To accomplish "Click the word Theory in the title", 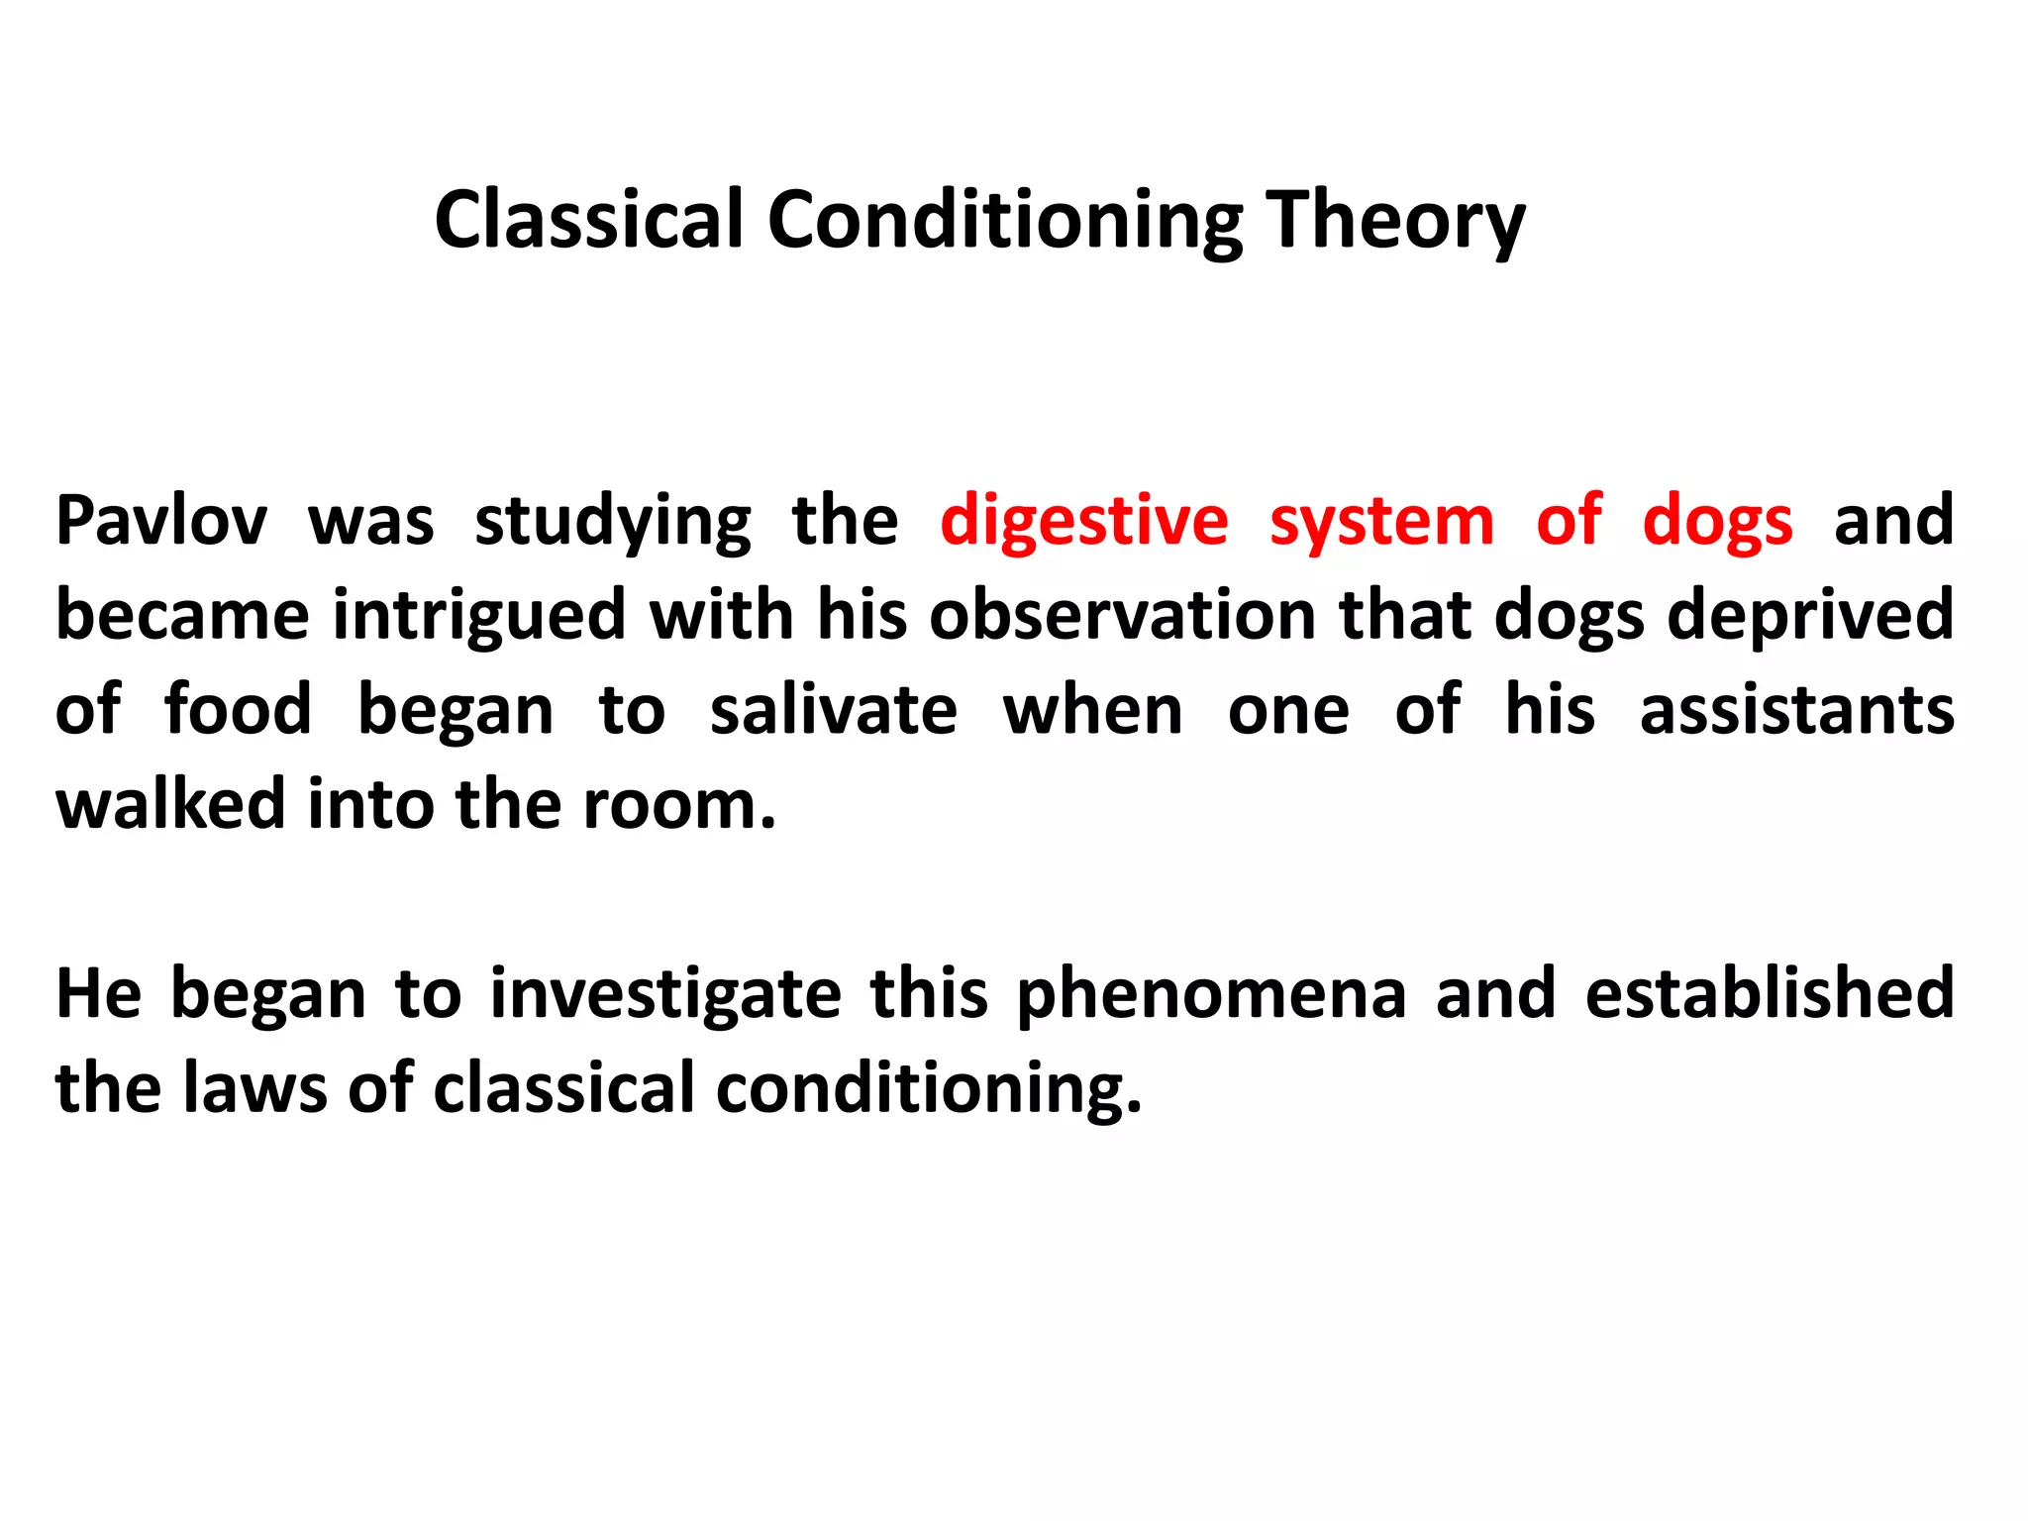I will click(1396, 220).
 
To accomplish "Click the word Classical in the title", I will click(588, 220).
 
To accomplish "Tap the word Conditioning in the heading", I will click(1004, 220).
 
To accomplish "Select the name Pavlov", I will click(161, 521).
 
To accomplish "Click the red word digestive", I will click(1083, 521).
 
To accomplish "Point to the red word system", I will click(1381, 521).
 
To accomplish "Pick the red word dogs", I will click(1717, 521).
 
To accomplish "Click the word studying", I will click(612, 521).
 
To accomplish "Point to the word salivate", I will click(834, 711).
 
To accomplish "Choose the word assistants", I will click(1796, 711).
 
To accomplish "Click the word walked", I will click(170, 804).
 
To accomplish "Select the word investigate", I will click(665, 994).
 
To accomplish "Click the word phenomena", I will click(1211, 994).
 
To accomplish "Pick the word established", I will click(1769, 994).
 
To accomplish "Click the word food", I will click(238, 711).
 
